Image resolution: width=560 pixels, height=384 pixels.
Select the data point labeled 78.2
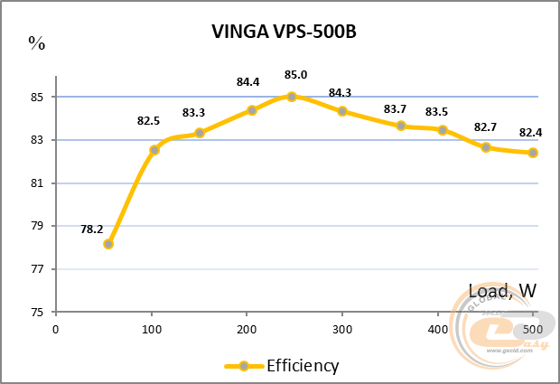click(108, 244)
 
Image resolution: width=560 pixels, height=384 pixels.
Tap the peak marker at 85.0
click(292, 96)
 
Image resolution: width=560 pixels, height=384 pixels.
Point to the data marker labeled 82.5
click(154, 150)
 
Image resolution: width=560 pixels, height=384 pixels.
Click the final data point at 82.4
click(533, 153)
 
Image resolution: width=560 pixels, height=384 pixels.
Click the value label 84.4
click(247, 82)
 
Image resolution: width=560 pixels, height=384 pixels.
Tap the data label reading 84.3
click(340, 92)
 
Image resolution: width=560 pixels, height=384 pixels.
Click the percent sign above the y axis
click(36, 42)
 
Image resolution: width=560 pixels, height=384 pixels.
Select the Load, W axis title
click(502, 291)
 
